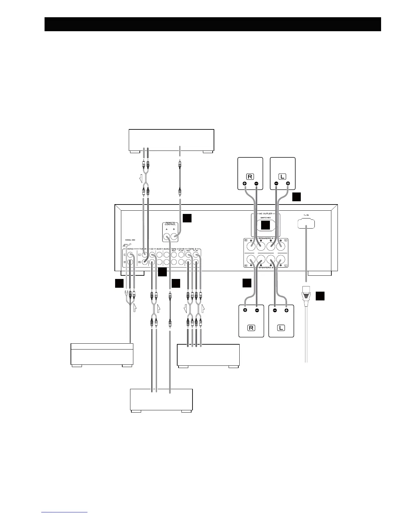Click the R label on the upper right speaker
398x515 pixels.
pos(250,177)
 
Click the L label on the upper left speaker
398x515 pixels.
pos(283,177)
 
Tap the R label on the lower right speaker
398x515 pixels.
pos(251,327)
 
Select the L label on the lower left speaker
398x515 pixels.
pos(281,327)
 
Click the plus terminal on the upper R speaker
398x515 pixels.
pos(244,184)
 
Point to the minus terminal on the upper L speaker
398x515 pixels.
pos(276,184)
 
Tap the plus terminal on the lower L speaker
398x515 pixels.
pos(286,310)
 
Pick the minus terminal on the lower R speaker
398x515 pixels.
pos(257,310)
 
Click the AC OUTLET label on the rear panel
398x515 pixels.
pos(265,214)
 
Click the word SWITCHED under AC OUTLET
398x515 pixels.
pos(265,218)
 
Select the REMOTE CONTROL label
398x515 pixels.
pos(170,223)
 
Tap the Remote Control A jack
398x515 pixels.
pos(166,237)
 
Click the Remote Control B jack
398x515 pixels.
pos(174,237)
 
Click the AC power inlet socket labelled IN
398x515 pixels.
pos(306,223)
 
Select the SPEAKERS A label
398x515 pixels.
pos(265,238)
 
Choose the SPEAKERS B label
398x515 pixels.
pos(265,267)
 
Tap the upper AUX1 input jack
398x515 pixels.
pos(159,255)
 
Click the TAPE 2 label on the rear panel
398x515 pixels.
pos(192,249)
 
